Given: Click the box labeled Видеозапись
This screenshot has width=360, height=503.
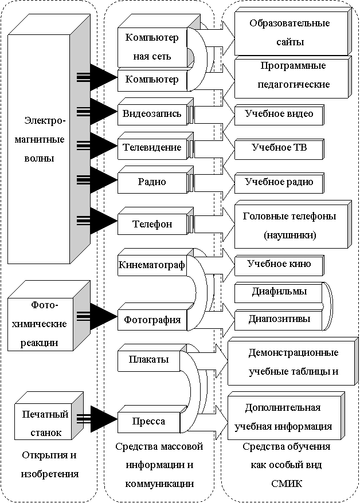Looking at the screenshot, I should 152,113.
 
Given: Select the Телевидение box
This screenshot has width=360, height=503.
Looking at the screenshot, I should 152,147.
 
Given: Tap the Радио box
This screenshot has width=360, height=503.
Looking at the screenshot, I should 152,182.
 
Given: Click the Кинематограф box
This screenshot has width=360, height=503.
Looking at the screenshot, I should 152,265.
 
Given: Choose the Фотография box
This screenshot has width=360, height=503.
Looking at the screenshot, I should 152,320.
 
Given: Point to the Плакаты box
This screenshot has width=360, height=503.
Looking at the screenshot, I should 148,359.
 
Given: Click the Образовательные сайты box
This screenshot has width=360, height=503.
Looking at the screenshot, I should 289,33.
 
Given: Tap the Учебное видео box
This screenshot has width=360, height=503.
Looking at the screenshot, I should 279,114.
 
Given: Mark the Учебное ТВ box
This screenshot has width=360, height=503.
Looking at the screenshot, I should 279,148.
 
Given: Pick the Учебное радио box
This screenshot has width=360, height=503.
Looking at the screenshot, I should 279,182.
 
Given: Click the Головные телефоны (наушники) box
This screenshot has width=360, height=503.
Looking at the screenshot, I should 289,226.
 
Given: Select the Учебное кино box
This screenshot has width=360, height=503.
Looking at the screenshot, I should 279,264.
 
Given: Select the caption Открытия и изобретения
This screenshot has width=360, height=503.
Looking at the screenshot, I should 49,465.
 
